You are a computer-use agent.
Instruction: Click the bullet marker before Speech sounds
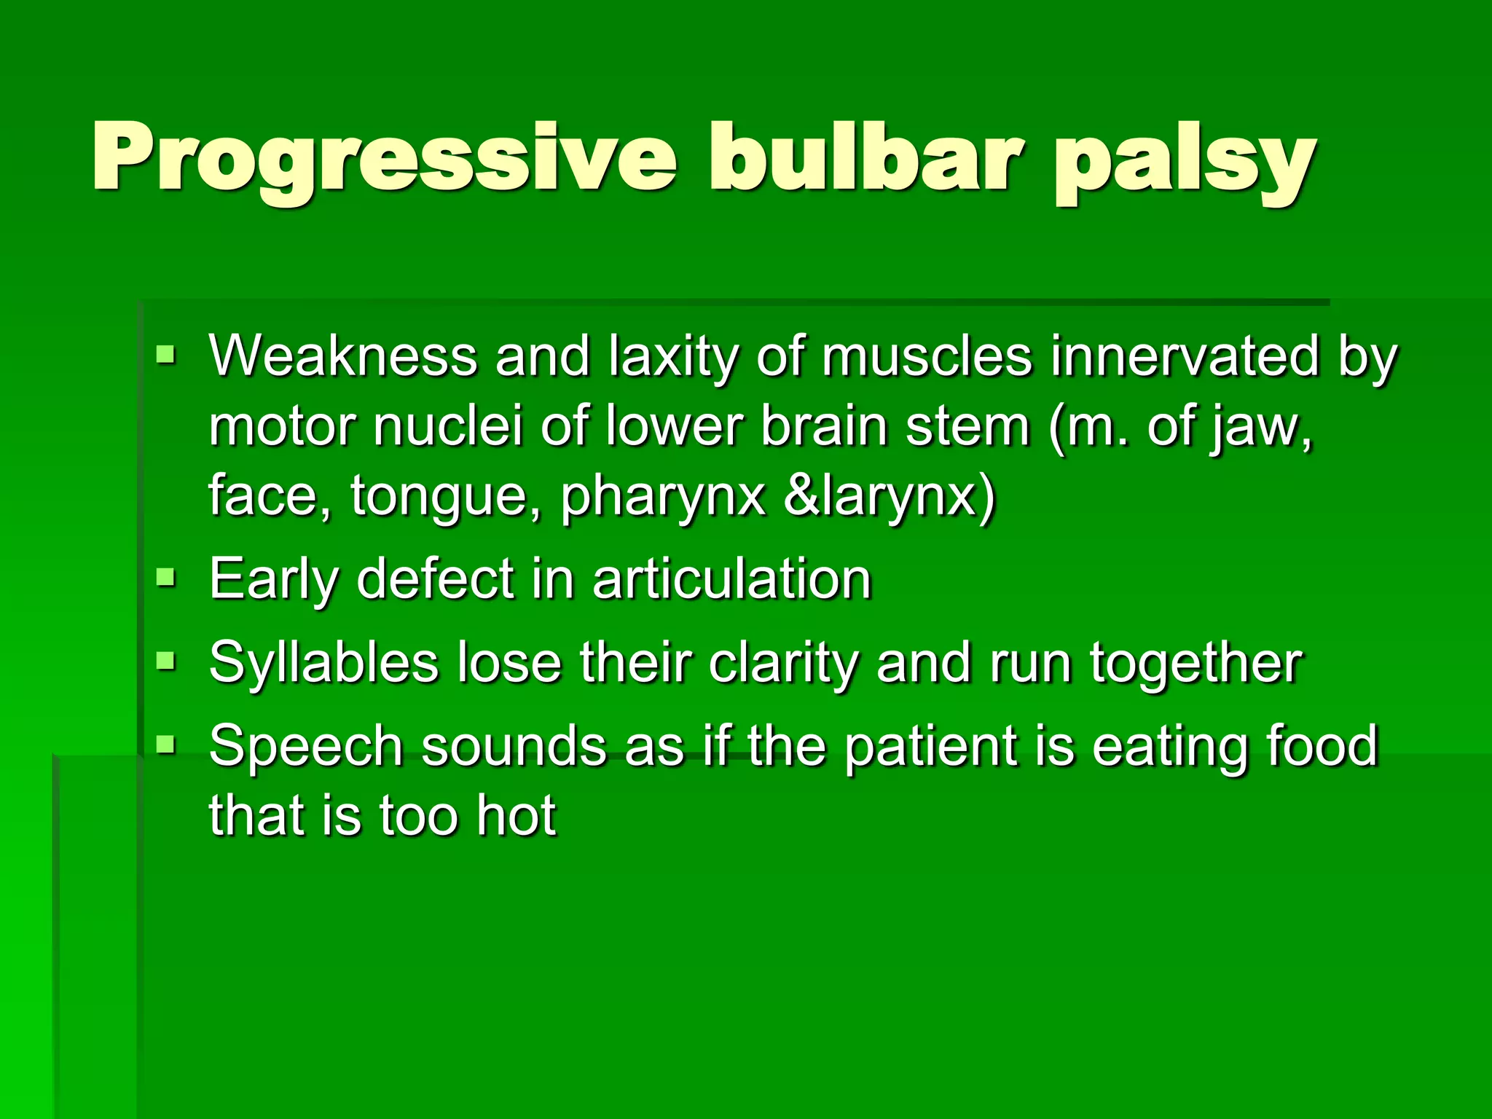(166, 745)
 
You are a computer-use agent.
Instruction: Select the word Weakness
(342, 356)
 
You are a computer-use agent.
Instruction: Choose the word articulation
(731, 579)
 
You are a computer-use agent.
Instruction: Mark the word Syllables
(323, 664)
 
